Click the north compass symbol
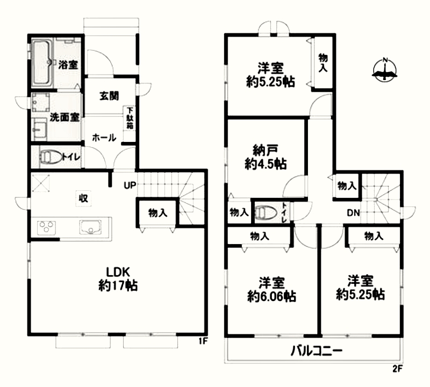(384, 70)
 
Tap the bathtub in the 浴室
(42, 63)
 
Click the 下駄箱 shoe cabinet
(130, 118)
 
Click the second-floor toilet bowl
(266, 212)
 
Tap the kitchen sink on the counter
(90, 227)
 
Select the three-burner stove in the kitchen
(46, 228)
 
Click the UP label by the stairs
(130, 185)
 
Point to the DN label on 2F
(353, 212)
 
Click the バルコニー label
(317, 351)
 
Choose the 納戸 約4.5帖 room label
(266, 157)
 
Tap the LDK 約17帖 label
(118, 279)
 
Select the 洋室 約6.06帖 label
(271, 289)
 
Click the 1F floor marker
(203, 341)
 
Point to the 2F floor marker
(397, 369)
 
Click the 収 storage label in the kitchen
(83, 198)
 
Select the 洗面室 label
(64, 117)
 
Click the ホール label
(104, 138)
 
